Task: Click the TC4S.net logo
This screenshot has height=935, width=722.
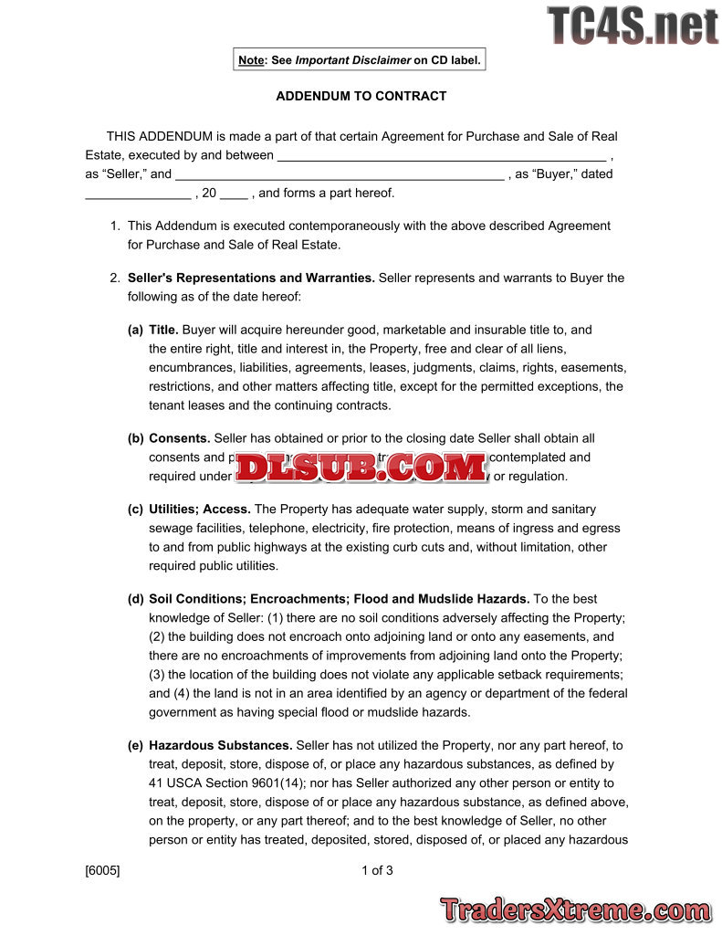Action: click(633, 26)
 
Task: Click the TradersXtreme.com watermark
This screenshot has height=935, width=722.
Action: click(575, 909)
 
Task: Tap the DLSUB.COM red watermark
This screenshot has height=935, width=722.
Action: click(361, 467)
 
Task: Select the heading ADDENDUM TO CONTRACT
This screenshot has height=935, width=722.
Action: click(361, 96)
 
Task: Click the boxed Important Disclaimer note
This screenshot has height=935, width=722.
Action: click(360, 60)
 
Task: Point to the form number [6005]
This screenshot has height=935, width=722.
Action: click(102, 870)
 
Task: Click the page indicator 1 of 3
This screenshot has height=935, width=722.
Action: click(377, 870)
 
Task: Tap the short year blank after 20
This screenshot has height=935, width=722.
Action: click(235, 194)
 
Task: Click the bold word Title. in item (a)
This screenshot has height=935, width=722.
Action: click(163, 330)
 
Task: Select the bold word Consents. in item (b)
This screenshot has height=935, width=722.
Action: click(180, 438)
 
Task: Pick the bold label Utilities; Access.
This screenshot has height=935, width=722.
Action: click(200, 509)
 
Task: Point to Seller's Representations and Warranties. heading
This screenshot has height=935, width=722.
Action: click(251, 278)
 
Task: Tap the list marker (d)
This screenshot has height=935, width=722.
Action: click(135, 599)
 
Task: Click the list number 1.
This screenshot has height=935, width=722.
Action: click(115, 226)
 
